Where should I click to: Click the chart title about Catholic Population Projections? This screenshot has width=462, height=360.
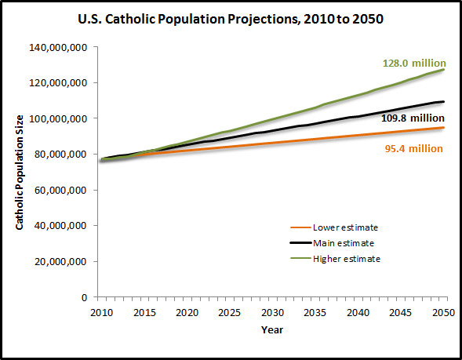[231, 17]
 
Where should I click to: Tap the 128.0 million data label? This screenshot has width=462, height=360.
[414, 64]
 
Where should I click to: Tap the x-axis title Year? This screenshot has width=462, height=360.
[273, 330]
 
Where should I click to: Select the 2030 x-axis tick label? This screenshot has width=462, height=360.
[273, 311]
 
